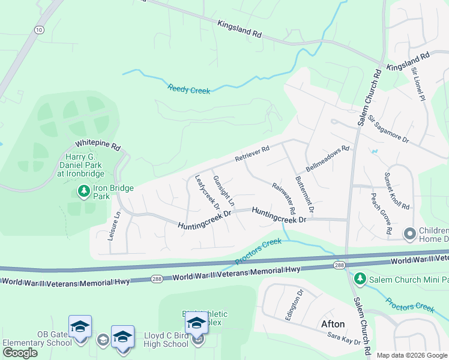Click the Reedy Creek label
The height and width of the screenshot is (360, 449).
click(x=189, y=89)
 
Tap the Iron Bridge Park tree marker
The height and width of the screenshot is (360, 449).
click(x=83, y=191)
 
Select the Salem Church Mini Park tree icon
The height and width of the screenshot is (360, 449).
click(x=360, y=278)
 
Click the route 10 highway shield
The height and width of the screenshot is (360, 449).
click(x=39, y=29)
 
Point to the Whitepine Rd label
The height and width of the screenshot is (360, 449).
click(x=98, y=145)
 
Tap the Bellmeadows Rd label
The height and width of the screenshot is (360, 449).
click(x=327, y=157)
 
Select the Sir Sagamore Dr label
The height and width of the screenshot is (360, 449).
click(x=388, y=129)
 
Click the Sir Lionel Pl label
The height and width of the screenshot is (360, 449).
click(x=418, y=83)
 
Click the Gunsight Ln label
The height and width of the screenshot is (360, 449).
click(x=223, y=191)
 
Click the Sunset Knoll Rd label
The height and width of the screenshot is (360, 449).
click(x=397, y=191)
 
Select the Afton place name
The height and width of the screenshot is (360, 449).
click(x=333, y=324)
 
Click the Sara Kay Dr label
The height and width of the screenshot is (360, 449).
click(x=343, y=338)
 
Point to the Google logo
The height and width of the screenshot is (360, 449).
click(x=19, y=353)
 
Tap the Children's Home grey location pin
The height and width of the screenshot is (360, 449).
click(x=411, y=233)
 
